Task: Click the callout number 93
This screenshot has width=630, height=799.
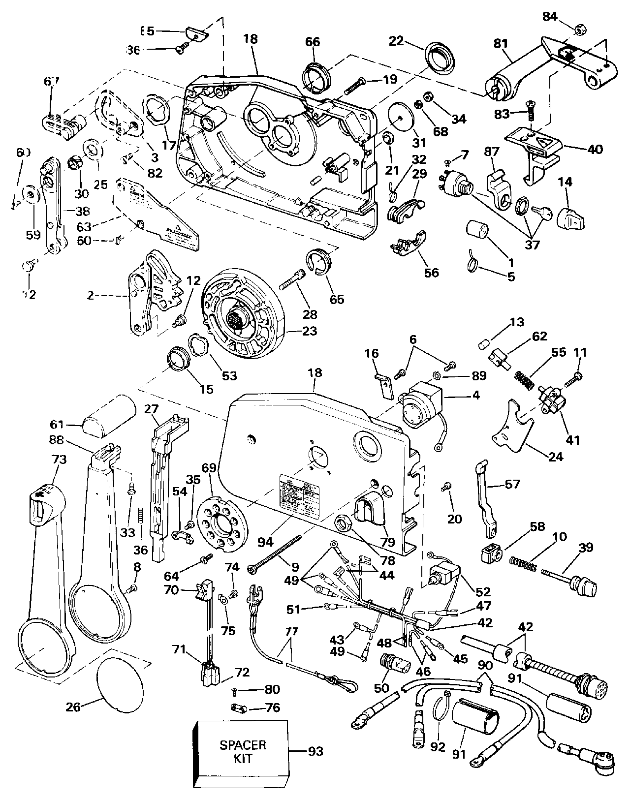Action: [x=315, y=751]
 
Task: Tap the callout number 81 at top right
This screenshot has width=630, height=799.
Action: [x=500, y=44]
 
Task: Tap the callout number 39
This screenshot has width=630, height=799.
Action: [x=586, y=548]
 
